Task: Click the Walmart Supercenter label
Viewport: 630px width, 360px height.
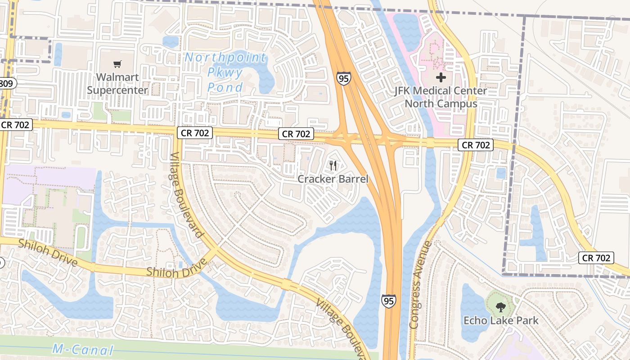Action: [117, 84]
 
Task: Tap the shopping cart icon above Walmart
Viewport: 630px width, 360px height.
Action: [117, 64]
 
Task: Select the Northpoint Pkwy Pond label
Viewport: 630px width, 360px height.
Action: [225, 72]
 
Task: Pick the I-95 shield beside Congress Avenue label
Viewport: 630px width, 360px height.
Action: [389, 301]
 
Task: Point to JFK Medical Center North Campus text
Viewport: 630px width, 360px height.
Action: [441, 97]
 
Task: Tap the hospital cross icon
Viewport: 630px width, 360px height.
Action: [441, 77]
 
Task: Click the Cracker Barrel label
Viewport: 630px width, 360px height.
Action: [333, 179]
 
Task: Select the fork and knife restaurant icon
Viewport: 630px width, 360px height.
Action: [333, 165]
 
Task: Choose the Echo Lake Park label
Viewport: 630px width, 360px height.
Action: [501, 321]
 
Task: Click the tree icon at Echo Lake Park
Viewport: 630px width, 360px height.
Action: [500, 308]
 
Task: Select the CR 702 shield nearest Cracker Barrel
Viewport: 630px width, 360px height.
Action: [295, 134]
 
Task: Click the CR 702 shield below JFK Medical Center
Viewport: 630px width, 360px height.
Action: [476, 145]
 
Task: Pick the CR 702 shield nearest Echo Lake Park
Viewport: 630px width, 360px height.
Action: [596, 258]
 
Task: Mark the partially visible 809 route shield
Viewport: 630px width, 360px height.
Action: [7, 83]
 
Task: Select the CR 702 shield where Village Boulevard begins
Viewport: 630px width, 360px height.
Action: [194, 133]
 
